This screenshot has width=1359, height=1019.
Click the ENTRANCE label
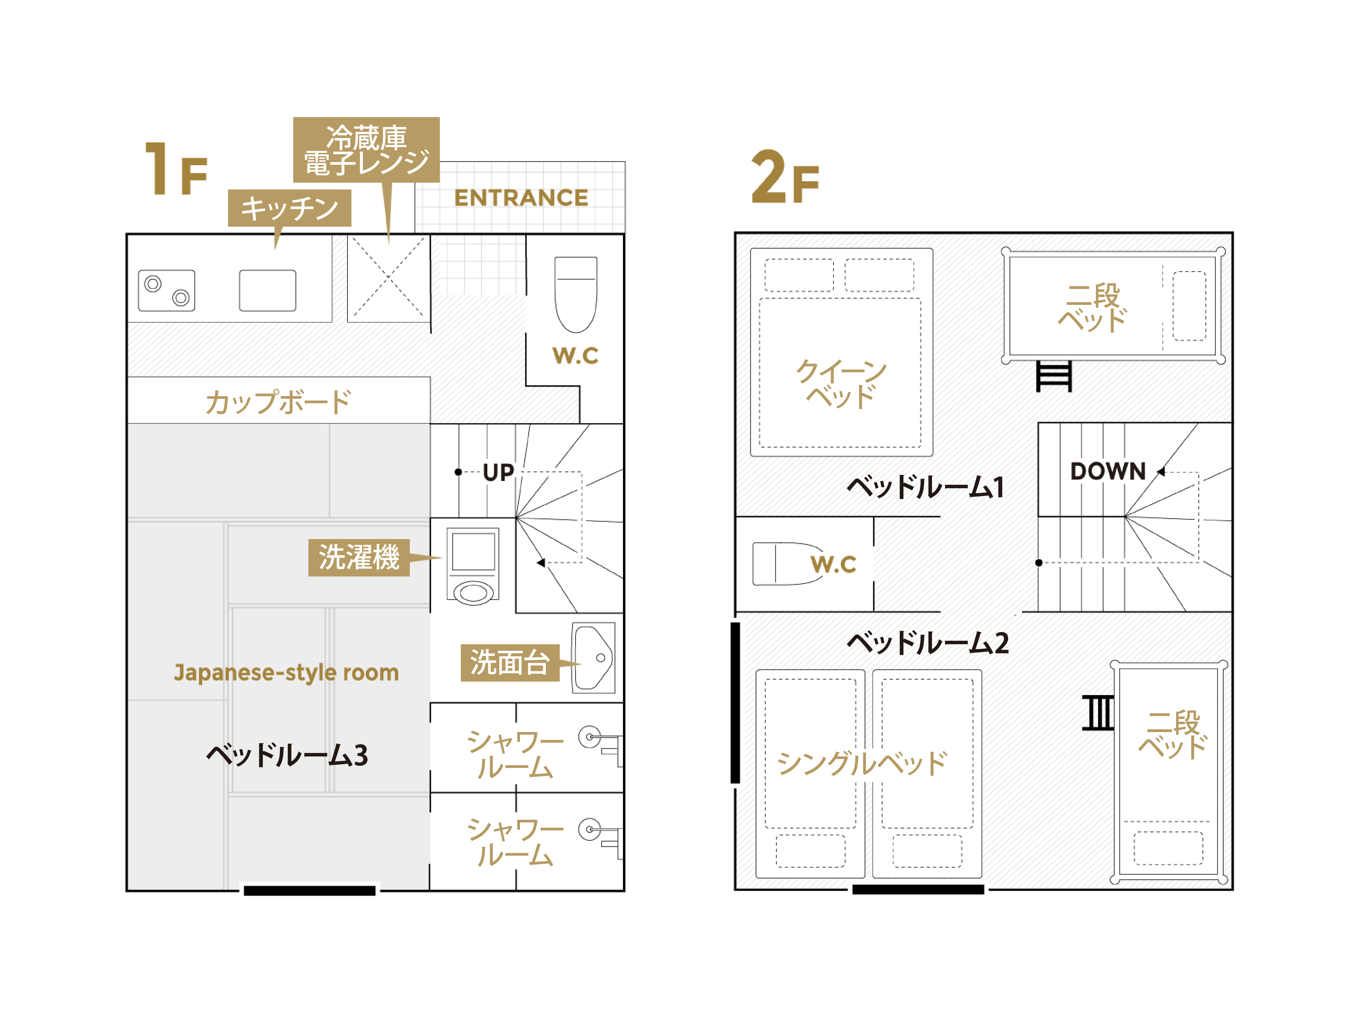click(x=521, y=198)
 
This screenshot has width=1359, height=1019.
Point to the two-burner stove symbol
click(x=167, y=290)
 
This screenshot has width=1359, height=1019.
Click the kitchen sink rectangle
click(x=267, y=290)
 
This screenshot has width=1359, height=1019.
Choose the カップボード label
click(x=278, y=402)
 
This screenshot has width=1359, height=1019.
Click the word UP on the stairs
click(x=498, y=472)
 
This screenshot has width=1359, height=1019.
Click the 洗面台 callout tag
click(x=510, y=663)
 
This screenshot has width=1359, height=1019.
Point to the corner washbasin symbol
click(x=593, y=658)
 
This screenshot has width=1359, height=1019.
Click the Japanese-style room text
click(x=286, y=673)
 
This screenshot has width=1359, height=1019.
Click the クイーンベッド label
click(x=841, y=383)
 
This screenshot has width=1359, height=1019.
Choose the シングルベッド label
click(x=862, y=764)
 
